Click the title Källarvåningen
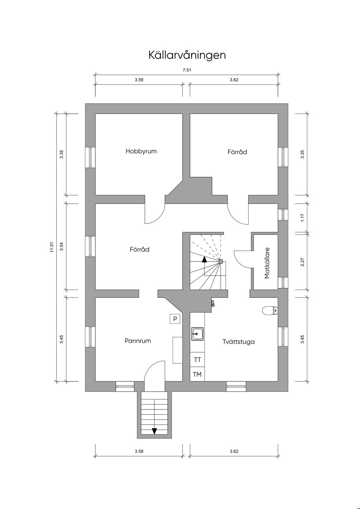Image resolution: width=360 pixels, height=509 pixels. click(x=187, y=55)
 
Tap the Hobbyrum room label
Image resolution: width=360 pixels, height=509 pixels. click(x=141, y=152)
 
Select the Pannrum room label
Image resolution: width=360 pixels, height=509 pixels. click(x=138, y=341)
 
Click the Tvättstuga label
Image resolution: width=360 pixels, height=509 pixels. click(x=238, y=342)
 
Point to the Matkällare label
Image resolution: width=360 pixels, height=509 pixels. click(x=267, y=263)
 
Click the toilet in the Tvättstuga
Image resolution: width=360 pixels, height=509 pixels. click(x=270, y=311)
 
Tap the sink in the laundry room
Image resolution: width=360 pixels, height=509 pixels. click(x=198, y=334)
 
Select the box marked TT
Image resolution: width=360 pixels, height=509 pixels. click(x=197, y=360)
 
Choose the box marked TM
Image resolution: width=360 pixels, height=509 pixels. click(x=197, y=374)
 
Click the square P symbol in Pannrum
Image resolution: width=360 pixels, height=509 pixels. click(x=175, y=319)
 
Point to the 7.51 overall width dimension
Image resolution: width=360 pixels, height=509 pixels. click(x=187, y=70)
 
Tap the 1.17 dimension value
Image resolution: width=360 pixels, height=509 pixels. click(x=302, y=218)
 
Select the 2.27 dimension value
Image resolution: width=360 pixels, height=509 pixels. click(x=302, y=262)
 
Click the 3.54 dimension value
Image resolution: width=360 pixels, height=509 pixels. click(x=62, y=246)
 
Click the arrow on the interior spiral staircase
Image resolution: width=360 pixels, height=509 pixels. click(x=204, y=259)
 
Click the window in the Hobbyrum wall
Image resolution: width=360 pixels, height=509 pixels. click(x=90, y=157)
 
